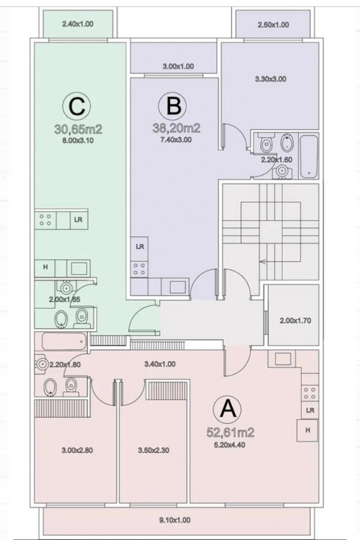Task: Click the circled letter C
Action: click(x=76, y=106)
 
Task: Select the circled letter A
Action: click(x=227, y=409)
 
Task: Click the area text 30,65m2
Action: click(x=78, y=130)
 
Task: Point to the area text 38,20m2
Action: click(x=176, y=128)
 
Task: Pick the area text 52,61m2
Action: click(x=230, y=432)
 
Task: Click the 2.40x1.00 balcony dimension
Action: click(x=77, y=24)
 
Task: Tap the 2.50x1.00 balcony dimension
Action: click(x=273, y=25)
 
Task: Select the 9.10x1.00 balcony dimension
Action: click(x=175, y=520)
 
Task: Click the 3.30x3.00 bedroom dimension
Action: click(x=271, y=79)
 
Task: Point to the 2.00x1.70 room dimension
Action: click(x=295, y=321)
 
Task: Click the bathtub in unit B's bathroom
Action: click(x=308, y=157)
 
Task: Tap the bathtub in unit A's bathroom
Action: click(x=63, y=341)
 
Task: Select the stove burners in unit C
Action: click(x=45, y=220)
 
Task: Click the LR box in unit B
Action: click(x=140, y=247)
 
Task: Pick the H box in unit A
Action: click(x=308, y=430)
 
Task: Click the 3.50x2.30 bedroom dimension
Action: click(x=154, y=450)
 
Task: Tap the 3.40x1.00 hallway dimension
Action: click(x=160, y=364)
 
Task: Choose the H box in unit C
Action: click(x=45, y=267)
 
